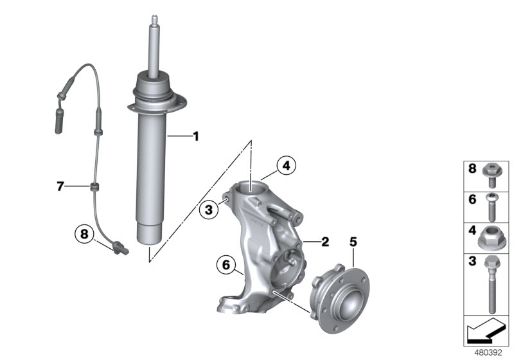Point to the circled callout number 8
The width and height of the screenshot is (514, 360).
(x=84, y=234)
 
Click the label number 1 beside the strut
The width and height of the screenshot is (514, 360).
(x=196, y=136)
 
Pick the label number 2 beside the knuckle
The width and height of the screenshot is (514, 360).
(x=324, y=242)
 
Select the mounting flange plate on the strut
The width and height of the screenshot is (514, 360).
(x=158, y=103)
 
